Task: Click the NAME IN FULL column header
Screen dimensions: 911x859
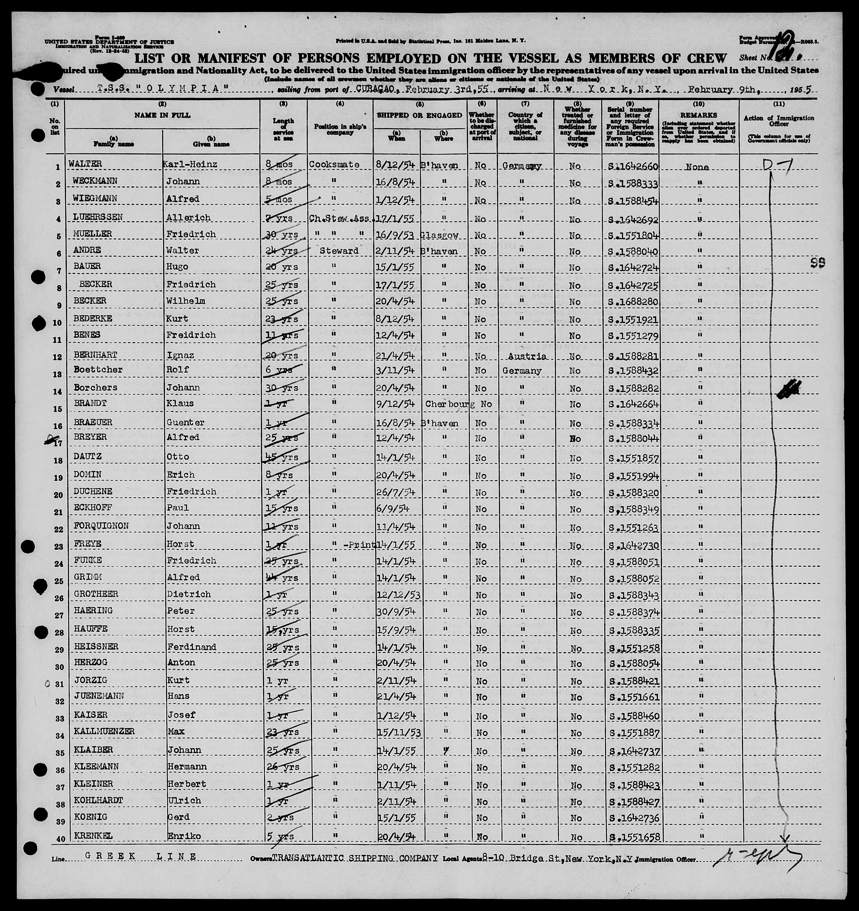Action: pos(162,115)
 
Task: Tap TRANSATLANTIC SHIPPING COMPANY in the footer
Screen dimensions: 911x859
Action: pos(355,858)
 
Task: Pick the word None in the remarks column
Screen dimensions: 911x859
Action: pos(697,167)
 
